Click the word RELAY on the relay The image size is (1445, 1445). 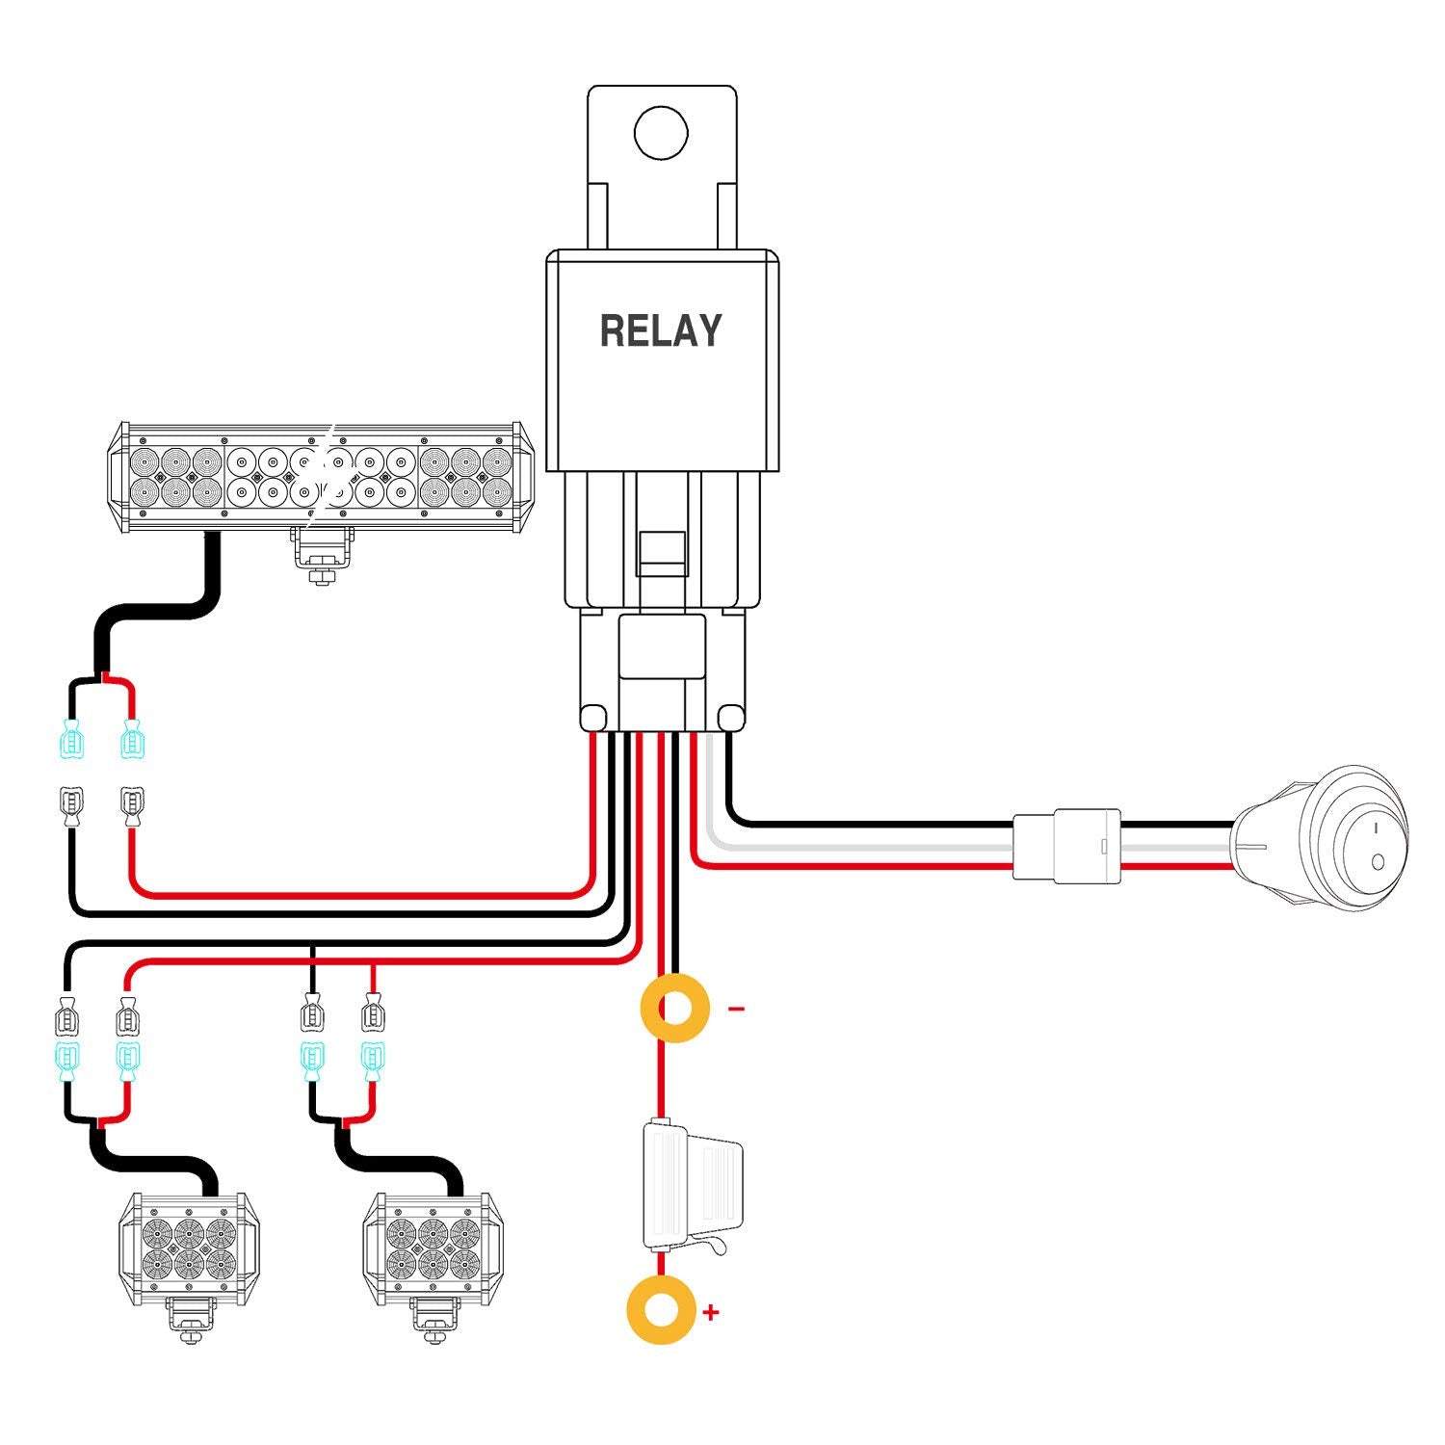click(661, 331)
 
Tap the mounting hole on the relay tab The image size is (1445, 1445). click(661, 133)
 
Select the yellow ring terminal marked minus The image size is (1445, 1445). click(675, 1009)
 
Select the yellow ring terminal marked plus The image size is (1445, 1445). click(661, 1310)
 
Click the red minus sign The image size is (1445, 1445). click(736, 1009)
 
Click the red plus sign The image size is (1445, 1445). click(711, 1311)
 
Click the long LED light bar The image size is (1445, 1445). click(321, 477)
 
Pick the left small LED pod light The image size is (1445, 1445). click(189, 1248)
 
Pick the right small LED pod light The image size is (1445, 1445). click(433, 1248)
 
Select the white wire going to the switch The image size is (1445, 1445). click(867, 845)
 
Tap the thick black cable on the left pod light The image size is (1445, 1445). click(154, 1161)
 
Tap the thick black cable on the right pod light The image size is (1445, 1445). click(400, 1161)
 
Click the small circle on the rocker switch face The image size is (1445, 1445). click(1379, 860)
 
